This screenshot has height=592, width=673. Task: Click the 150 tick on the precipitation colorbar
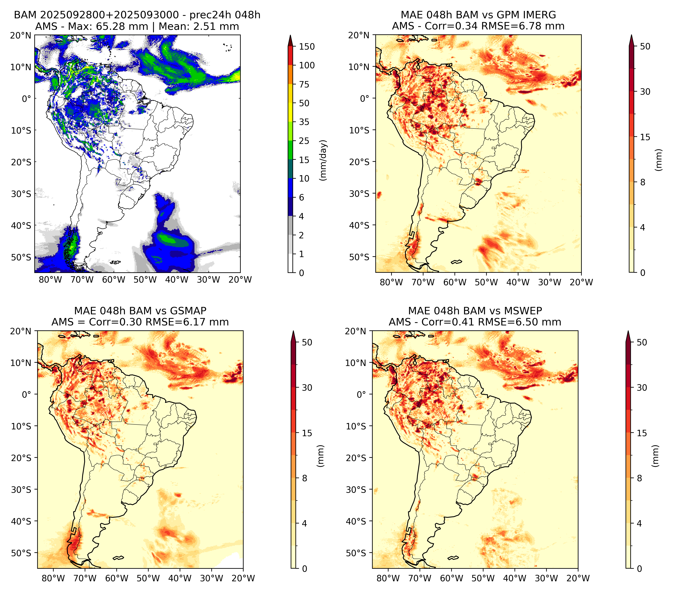[306, 47]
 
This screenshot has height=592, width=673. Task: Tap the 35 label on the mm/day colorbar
[304, 122]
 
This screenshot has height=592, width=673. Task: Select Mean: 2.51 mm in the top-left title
[199, 26]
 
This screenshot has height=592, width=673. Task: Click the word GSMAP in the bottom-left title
[188, 311]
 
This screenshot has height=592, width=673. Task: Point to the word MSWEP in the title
[524, 311]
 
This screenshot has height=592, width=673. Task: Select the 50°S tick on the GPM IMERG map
[359, 257]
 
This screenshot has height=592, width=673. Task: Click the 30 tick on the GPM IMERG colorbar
[645, 91]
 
